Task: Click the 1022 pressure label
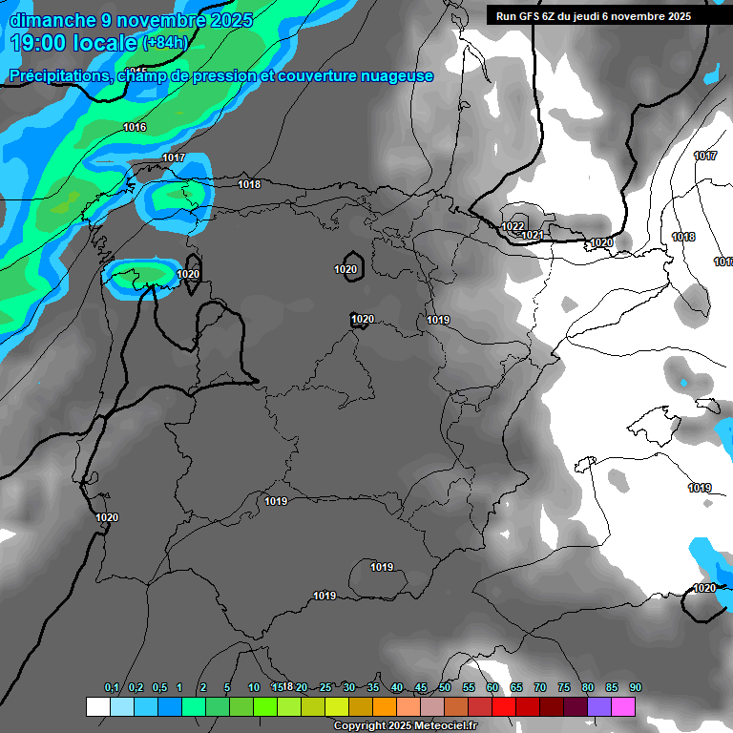pyautogui.click(x=513, y=226)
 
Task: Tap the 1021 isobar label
pyautogui.click(x=533, y=236)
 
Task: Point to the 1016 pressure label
pyautogui.click(x=135, y=127)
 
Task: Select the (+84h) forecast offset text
pyautogui.click(x=165, y=42)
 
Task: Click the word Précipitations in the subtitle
pyautogui.click(x=59, y=75)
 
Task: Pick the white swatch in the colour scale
pyautogui.click(x=97, y=707)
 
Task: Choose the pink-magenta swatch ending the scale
pyautogui.click(x=623, y=707)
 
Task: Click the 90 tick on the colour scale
pyautogui.click(x=636, y=688)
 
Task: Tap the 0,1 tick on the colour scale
pyautogui.click(x=112, y=688)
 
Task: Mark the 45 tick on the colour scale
pyautogui.click(x=421, y=688)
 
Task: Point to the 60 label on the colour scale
pyautogui.click(x=492, y=688)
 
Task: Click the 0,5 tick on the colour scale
pyautogui.click(x=159, y=688)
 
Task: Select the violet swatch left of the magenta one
pyautogui.click(x=599, y=707)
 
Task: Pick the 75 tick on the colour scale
pyautogui.click(x=564, y=688)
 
